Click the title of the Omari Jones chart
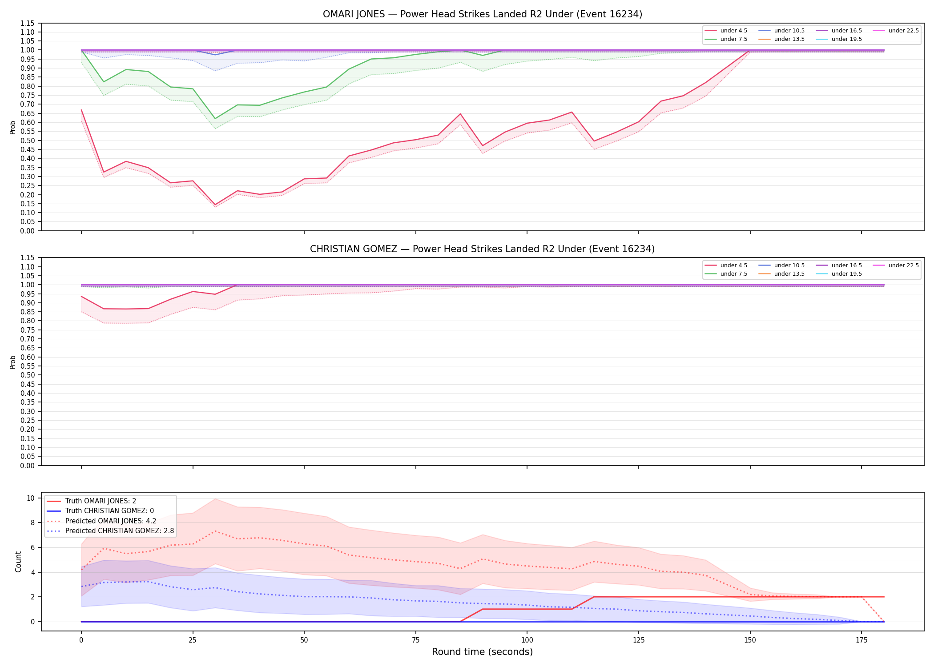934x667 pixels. click(x=482, y=14)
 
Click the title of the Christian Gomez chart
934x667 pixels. click(x=482, y=249)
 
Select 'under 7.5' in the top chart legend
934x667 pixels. click(x=734, y=39)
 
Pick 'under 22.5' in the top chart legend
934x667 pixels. click(x=904, y=31)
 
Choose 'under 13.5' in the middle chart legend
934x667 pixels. click(x=789, y=274)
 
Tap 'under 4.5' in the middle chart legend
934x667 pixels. click(x=734, y=265)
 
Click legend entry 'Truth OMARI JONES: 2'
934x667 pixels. click(x=101, y=501)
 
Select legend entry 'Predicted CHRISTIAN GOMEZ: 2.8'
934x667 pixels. click(x=120, y=531)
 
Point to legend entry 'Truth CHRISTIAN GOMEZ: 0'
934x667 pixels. click(x=109, y=511)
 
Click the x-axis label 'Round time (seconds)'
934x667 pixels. click(x=482, y=652)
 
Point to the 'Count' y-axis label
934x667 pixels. click(x=18, y=562)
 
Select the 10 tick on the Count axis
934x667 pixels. click(x=31, y=498)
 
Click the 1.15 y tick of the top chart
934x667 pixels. click(x=28, y=23)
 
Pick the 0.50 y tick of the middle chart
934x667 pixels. click(x=28, y=375)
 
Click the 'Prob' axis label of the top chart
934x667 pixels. click(x=13, y=127)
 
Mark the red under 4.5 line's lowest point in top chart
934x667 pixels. click(x=215, y=205)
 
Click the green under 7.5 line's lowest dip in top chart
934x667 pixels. click(x=215, y=119)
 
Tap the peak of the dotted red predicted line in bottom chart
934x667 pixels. click(x=215, y=531)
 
